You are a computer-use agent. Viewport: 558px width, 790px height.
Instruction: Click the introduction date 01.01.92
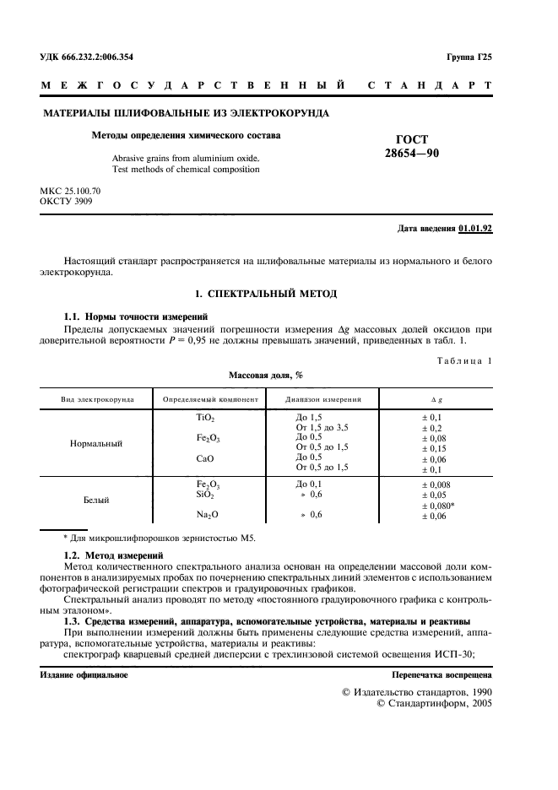(475, 229)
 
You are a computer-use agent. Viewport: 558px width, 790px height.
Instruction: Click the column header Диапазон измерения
(323, 398)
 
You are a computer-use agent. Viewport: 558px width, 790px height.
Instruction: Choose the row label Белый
(96, 501)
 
